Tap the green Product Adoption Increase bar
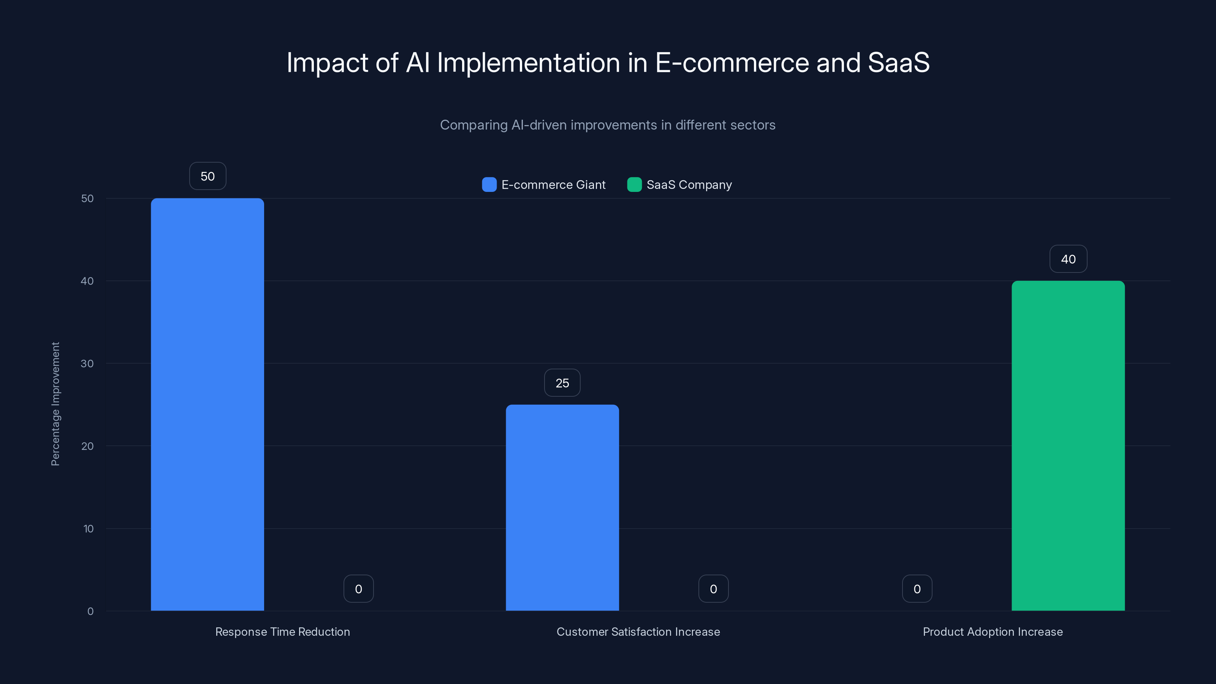(x=1068, y=446)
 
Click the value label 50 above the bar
(x=208, y=176)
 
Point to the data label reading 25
(x=562, y=383)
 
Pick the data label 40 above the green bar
(x=1068, y=259)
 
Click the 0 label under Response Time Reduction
(x=359, y=589)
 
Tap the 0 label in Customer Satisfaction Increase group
(x=713, y=589)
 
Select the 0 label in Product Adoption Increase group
(x=917, y=589)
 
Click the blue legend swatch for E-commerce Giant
(x=489, y=185)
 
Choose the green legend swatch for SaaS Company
(x=635, y=185)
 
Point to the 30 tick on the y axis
(x=87, y=364)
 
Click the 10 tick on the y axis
(x=88, y=529)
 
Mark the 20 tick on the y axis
(x=87, y=446)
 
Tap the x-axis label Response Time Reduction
(x=283, y=632)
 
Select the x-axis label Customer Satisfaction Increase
(x=638, y=632)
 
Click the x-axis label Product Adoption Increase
(x=993, y=632)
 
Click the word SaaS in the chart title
(x=898, y=63)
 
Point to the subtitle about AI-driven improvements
(x=608, y=125)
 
